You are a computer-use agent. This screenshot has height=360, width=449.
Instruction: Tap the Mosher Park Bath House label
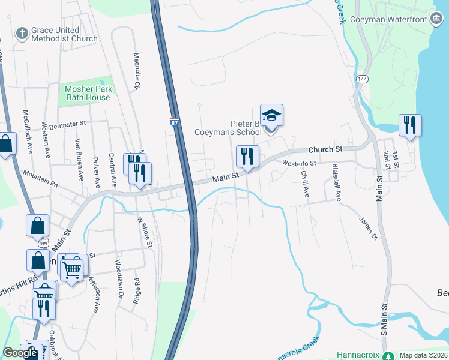tap(88, 93)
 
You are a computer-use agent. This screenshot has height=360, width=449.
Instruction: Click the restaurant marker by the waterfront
tap(411, 125)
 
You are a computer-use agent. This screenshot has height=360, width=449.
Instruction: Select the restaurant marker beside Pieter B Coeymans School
tap(247, 157)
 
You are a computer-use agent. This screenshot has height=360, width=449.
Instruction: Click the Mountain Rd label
tap(40, 177)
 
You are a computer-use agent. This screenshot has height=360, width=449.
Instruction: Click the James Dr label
tap(369, 229)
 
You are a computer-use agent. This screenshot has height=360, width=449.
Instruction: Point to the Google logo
tap(20, 353)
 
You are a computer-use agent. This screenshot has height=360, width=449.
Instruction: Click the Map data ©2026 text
tap(423, 355)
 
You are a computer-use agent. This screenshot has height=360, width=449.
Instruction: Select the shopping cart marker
tap(72, 269)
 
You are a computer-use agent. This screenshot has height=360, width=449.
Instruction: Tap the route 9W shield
tap(43, 244)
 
